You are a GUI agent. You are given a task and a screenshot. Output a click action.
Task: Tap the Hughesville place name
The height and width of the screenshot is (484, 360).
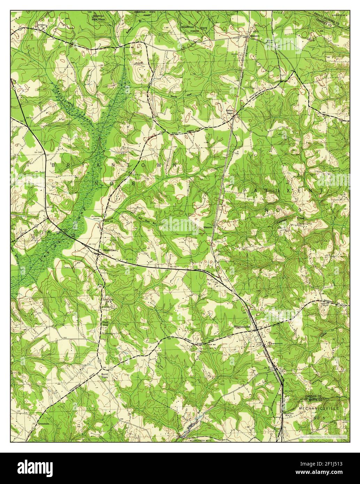click(x=243, y=327)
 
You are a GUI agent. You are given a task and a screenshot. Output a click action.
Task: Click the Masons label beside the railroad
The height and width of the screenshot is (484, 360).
click(x=208, y=227)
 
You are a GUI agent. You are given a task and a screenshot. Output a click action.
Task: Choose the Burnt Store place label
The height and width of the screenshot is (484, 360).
click(x=105, y=376)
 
